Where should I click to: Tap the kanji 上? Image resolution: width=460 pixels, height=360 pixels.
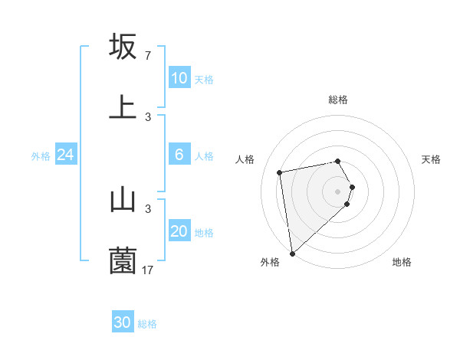coord(123,106)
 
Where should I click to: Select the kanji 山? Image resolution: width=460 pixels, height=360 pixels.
coord(123,200)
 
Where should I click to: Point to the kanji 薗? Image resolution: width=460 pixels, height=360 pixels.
coord(123,260)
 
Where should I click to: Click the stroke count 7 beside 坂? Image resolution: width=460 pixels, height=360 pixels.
coord(147,56)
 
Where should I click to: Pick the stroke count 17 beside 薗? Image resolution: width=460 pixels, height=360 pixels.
coord(148,270)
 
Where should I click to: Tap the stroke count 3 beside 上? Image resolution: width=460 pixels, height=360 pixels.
coord(147,116)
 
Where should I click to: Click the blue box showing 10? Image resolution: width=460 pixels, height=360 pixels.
coord(179,78)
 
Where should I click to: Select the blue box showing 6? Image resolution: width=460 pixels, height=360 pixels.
coord(179,155)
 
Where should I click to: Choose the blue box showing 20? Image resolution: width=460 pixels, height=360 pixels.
coord(179,231)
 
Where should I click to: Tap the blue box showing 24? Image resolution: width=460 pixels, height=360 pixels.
coord(66,155)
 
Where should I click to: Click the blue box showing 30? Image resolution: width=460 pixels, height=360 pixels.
coord(123,322)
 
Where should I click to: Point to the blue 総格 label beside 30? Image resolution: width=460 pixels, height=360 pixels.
coord(147,324)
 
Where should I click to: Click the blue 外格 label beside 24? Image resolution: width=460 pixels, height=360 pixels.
coord(41,156)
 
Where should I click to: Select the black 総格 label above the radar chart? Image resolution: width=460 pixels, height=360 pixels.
coord(338,100)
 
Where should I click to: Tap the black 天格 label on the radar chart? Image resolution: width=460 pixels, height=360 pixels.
coord(432,159)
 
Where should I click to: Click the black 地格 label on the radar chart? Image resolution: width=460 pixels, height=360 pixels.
coord(402,262)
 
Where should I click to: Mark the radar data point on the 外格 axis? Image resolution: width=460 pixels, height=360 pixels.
coord(292,253)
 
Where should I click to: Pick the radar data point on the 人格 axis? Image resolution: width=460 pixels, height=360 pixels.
coord(280,172)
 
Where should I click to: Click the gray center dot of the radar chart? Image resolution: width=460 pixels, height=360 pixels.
coord(338,191)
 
